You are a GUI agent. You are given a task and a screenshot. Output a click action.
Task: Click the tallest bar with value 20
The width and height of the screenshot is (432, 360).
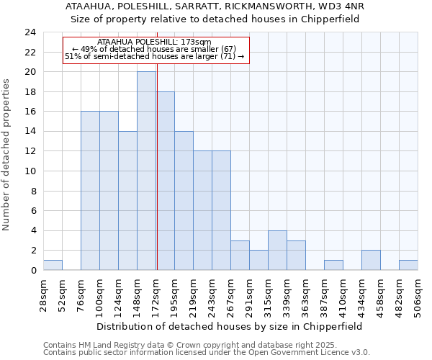click(146, 171)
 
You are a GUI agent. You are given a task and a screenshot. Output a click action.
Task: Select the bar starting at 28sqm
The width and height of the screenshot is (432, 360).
click(53, 265)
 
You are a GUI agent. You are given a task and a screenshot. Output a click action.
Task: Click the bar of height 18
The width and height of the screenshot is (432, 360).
click(166, 181)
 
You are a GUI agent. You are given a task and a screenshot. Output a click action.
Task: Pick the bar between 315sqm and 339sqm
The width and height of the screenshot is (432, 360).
click(277, 251)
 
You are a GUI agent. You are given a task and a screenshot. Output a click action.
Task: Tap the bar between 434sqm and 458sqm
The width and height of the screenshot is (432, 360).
click(371, 261)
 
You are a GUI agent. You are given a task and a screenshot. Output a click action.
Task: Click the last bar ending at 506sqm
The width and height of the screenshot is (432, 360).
click(408, 265)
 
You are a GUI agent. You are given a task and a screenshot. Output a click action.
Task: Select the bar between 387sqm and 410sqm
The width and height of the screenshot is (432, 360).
click(333, 265)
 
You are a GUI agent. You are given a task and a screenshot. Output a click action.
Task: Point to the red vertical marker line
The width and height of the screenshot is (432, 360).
click(156, 166)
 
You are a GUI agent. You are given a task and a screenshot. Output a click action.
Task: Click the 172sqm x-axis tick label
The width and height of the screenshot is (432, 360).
click(156, 295)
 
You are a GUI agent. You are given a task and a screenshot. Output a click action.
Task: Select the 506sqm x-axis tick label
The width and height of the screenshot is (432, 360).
click(418, 295)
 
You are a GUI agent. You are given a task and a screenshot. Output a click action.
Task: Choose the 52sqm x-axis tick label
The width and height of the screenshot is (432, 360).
click(62, 295)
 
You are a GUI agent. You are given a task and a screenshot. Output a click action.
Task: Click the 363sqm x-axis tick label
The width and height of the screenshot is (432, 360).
click(305, 295)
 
